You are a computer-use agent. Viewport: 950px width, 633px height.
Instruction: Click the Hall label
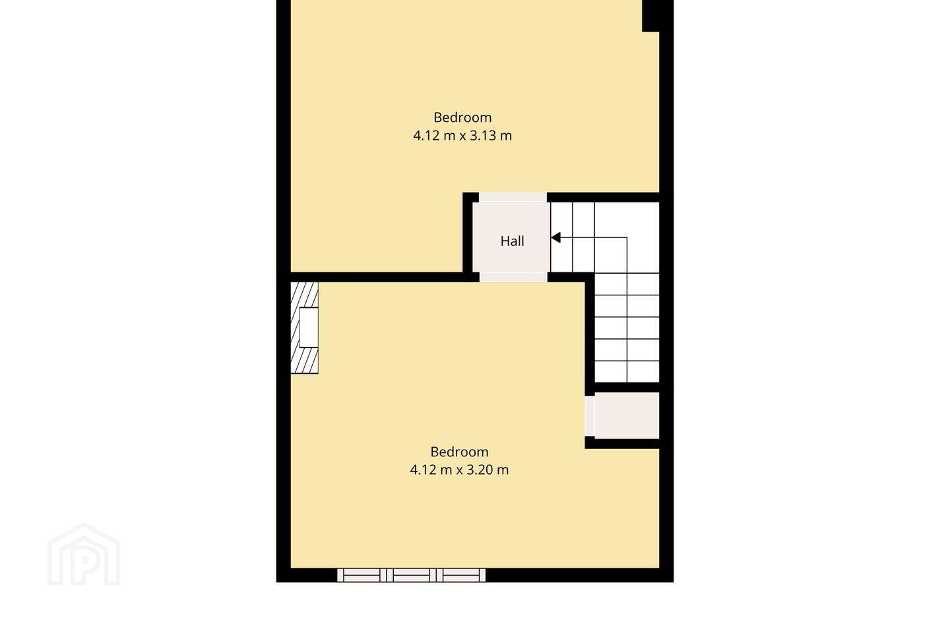[512, 241]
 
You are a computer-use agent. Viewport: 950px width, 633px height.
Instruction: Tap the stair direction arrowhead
[555, 237]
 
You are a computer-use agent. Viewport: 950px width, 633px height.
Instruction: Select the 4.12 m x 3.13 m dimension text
[462, 136]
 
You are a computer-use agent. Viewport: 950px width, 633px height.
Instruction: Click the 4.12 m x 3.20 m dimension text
[459, 469]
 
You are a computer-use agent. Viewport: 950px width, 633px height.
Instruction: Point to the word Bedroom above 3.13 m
[462, 117]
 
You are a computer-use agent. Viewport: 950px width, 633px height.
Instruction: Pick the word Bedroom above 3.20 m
[459, 452]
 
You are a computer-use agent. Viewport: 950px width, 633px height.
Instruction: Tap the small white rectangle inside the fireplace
[309, 327]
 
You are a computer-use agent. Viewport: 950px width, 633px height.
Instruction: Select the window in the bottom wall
[412, 576]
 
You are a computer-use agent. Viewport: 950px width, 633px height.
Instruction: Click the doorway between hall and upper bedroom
[513, 198]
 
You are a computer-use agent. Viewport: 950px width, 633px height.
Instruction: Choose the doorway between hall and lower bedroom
[513, 278]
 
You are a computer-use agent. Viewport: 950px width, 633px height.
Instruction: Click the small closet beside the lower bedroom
[627, 415]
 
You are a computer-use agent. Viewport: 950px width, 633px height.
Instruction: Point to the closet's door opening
[590, 416]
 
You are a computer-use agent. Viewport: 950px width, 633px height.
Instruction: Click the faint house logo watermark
[84, 555]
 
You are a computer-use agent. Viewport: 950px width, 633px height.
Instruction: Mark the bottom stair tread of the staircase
[627, 372]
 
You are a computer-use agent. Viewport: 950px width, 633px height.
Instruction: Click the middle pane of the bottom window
[412, 576]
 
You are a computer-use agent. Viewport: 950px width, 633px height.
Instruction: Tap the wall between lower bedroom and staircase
[590, 335]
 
